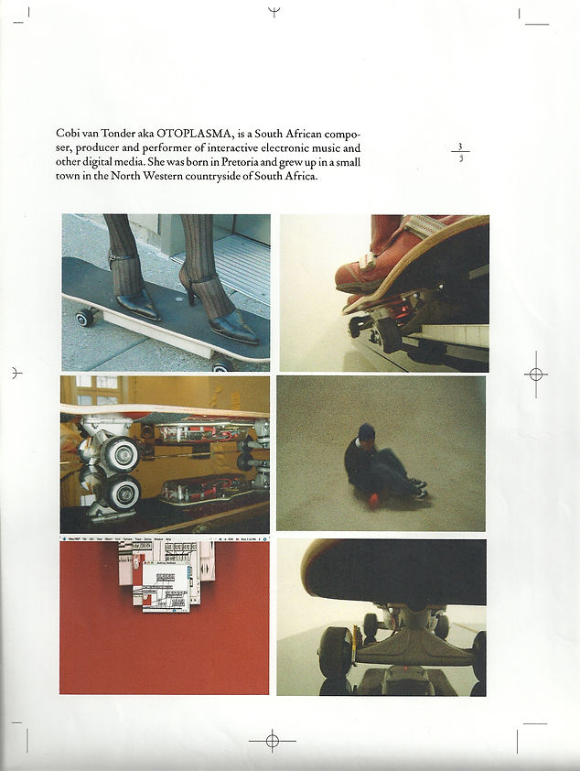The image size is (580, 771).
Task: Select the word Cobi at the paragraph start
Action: (68, 134)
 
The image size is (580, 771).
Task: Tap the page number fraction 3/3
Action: (461, 151)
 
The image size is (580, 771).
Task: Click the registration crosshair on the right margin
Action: (536, 374)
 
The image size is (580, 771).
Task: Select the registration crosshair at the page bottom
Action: (272, 740)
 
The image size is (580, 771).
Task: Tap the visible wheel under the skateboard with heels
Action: (85, 317)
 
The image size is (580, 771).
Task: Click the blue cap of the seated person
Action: (366, 431)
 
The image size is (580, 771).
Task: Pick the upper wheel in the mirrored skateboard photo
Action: (120, 452)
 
